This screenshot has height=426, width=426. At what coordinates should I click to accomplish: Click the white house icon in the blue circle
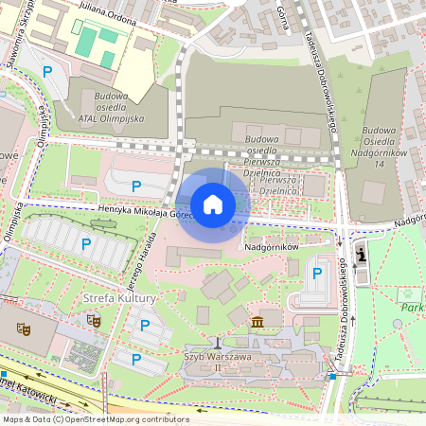(213, 204)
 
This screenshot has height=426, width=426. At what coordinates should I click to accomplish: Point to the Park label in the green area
(411, 308)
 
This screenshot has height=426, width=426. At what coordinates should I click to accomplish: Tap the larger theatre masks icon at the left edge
(24, 328)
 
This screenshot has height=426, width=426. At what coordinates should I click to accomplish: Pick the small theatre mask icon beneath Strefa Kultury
(94, 320)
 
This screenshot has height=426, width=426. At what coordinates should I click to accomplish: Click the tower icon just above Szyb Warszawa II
(218, 342)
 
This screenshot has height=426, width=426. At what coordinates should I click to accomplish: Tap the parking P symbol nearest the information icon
(317, 274)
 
